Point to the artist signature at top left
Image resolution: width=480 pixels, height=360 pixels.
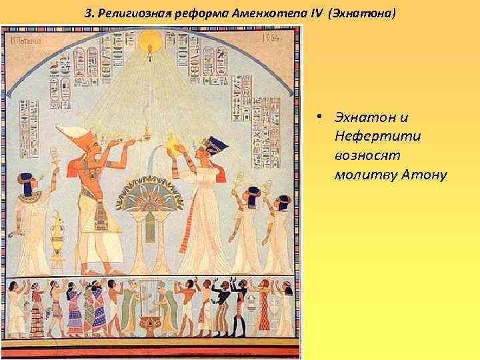coord(25,39)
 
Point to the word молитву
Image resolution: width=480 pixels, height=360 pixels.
coord(362,175)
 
